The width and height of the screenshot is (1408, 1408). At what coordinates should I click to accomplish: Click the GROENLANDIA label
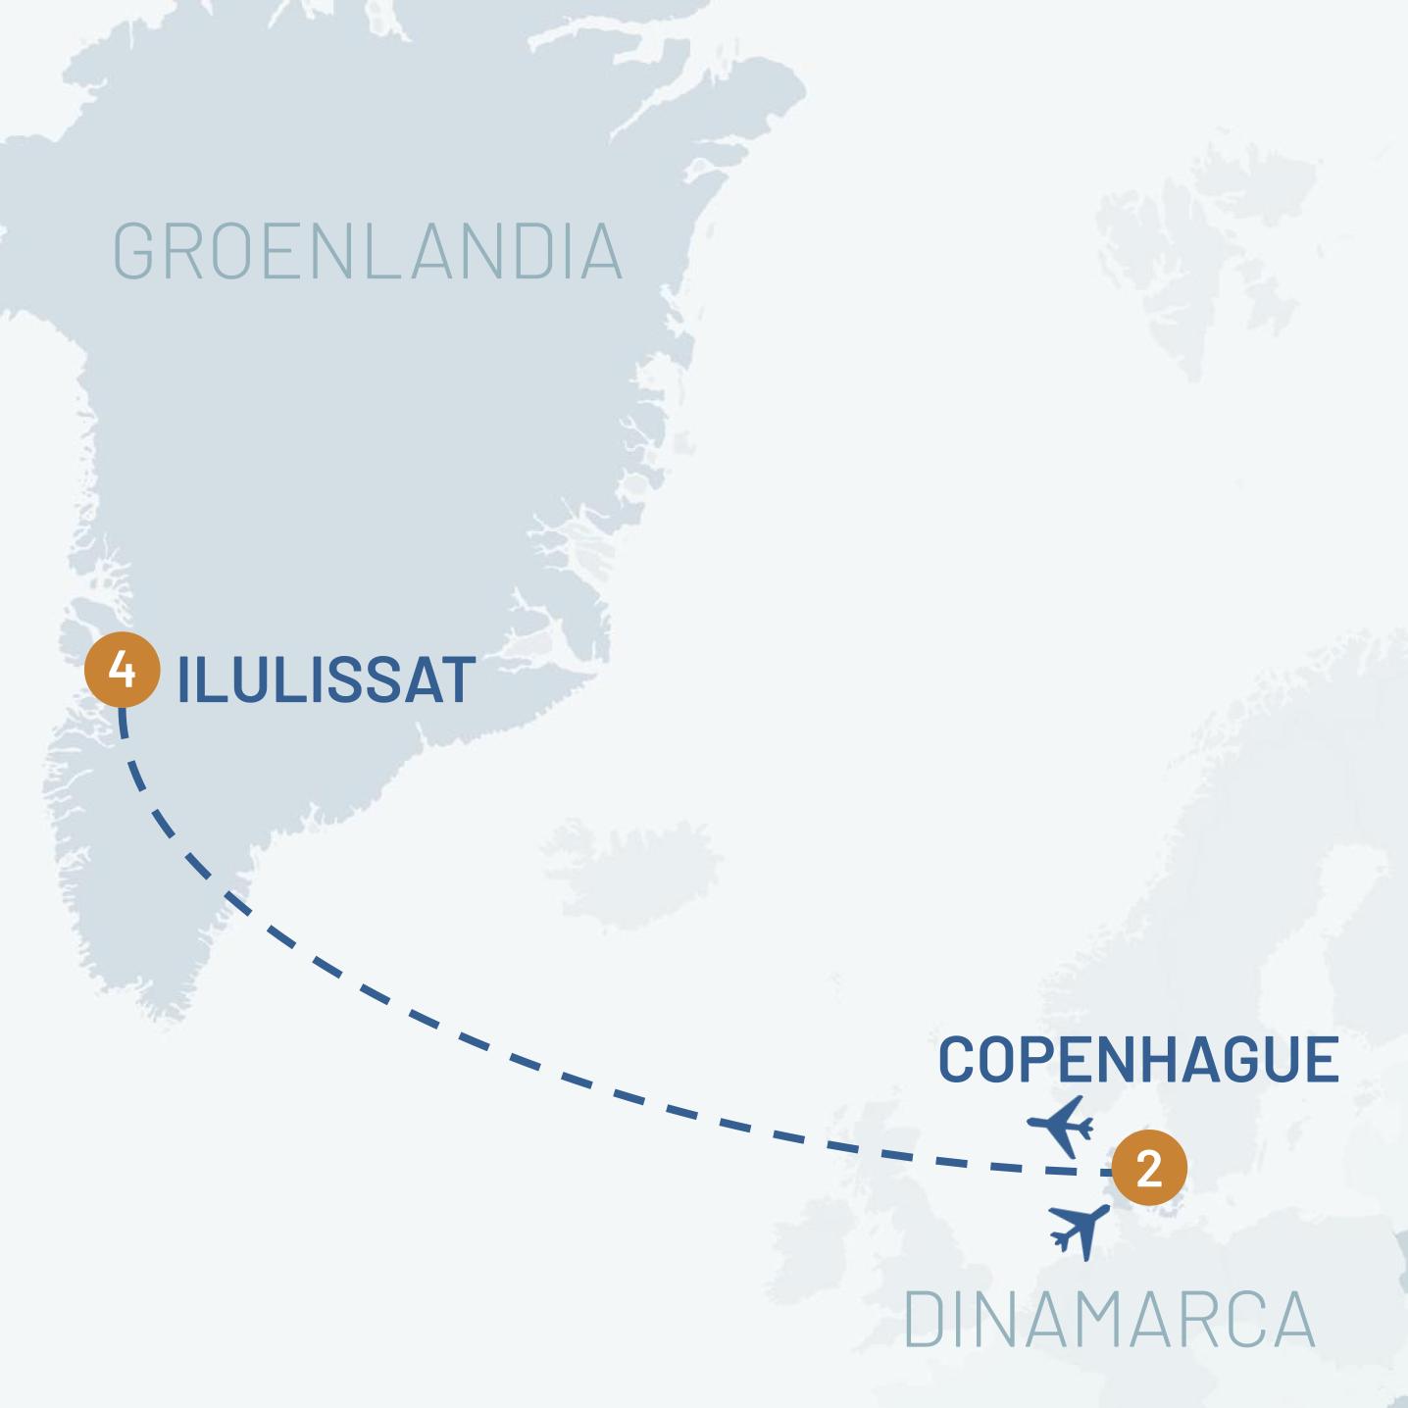(x=368, y=252)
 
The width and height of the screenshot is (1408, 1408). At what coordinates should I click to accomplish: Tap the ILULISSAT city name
(x=326, y=679)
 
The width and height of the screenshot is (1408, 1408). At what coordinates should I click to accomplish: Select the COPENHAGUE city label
(x=1138, y=1060)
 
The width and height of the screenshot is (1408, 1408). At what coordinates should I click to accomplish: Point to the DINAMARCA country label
(x=1108, y=1320)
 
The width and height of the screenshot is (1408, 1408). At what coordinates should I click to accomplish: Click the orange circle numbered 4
(x=122, y=671)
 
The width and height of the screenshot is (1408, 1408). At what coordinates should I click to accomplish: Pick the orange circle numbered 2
(x=1148, y=1169)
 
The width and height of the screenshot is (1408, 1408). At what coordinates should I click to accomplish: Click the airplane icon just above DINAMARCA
(x=1080, y=1230)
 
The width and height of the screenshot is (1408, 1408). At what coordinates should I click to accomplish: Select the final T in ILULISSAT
(x=457, y=679)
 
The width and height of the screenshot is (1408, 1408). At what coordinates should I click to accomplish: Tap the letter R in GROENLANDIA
(x=183, y=252)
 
